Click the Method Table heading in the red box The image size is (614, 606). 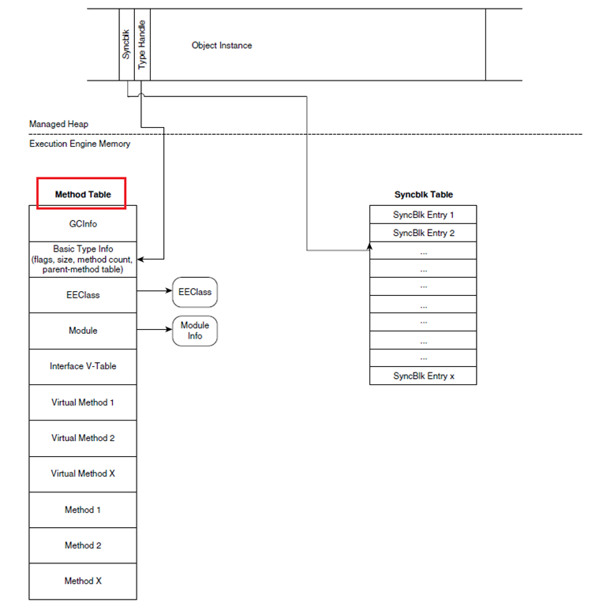82,194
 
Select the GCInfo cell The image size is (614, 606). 83,224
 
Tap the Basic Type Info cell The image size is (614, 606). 83,259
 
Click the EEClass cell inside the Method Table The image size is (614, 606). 83,295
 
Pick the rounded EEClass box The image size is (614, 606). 194,292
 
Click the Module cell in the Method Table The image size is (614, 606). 83,331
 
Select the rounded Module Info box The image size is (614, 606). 194,331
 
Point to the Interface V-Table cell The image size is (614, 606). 83,366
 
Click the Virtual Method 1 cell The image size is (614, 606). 83,402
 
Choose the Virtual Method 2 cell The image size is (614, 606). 83,438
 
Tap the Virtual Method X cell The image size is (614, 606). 83,473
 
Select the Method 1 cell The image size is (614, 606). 83,510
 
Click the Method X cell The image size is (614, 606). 83,581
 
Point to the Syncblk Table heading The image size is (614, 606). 424,194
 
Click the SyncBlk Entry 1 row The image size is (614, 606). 424,215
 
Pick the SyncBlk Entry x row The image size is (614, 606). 424,376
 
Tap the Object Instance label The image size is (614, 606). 222,46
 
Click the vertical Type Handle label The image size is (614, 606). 142,45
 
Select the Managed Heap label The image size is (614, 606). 59,124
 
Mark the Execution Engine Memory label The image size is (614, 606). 80,144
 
